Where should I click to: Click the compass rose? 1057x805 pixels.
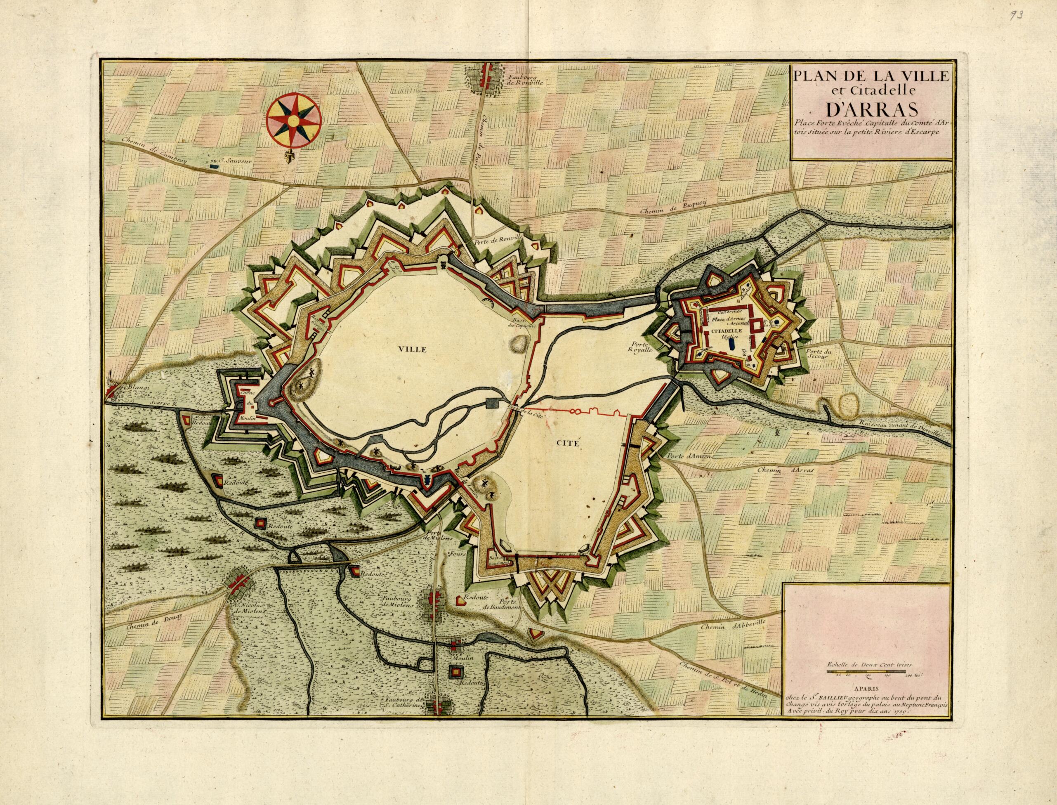point(294,121)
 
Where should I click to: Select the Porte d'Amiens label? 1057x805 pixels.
point(689,457)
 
